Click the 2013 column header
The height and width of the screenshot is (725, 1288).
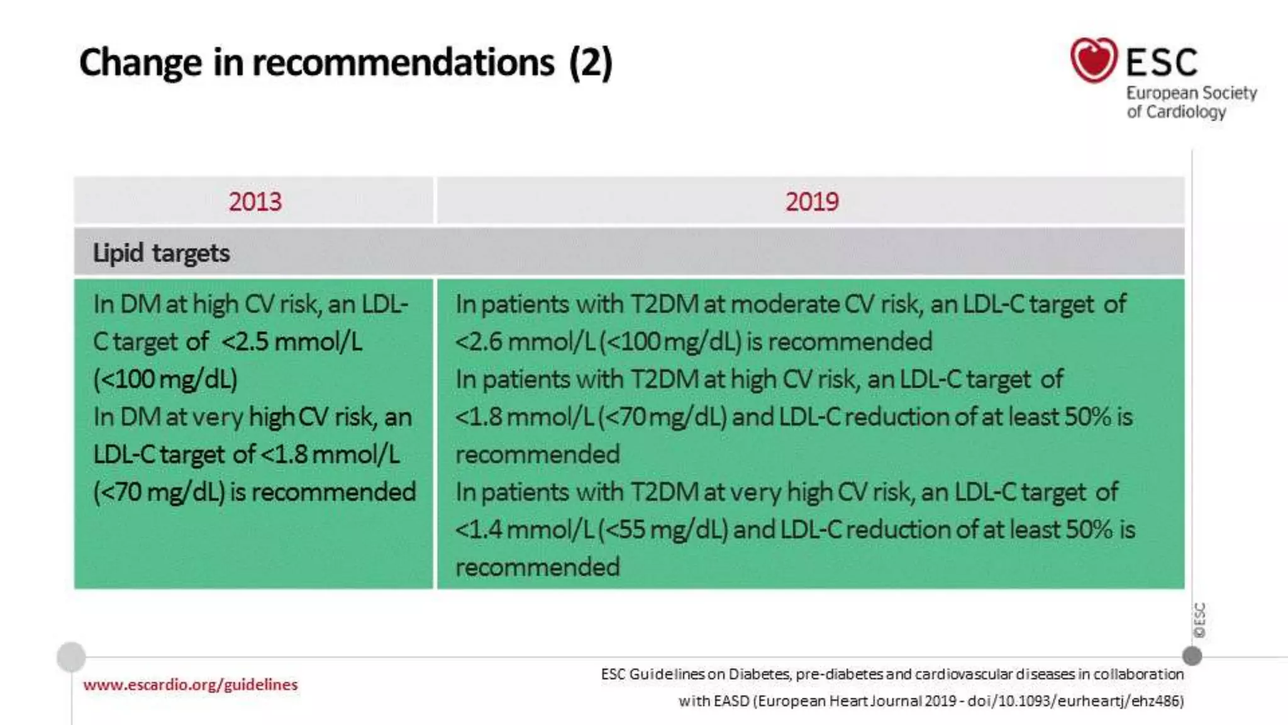(255, 202)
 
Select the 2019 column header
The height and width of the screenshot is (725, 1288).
(811, 202)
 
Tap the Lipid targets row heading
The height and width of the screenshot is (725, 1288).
(161, 253)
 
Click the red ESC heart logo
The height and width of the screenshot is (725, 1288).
(1094, 60)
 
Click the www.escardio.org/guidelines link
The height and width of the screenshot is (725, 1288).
(190, 685)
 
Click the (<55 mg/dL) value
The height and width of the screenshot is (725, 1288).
(662, 530)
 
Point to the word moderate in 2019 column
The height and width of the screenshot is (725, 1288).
(784, 305)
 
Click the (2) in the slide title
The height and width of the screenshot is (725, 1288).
(590, 63)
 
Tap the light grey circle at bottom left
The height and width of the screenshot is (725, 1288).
(71, 657)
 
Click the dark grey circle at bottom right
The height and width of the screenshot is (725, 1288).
(1192, 656)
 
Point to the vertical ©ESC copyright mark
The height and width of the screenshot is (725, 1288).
(1199, 621)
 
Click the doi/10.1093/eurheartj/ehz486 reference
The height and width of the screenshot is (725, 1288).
(1075, 701)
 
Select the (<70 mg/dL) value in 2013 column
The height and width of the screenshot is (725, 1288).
(158, 492)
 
